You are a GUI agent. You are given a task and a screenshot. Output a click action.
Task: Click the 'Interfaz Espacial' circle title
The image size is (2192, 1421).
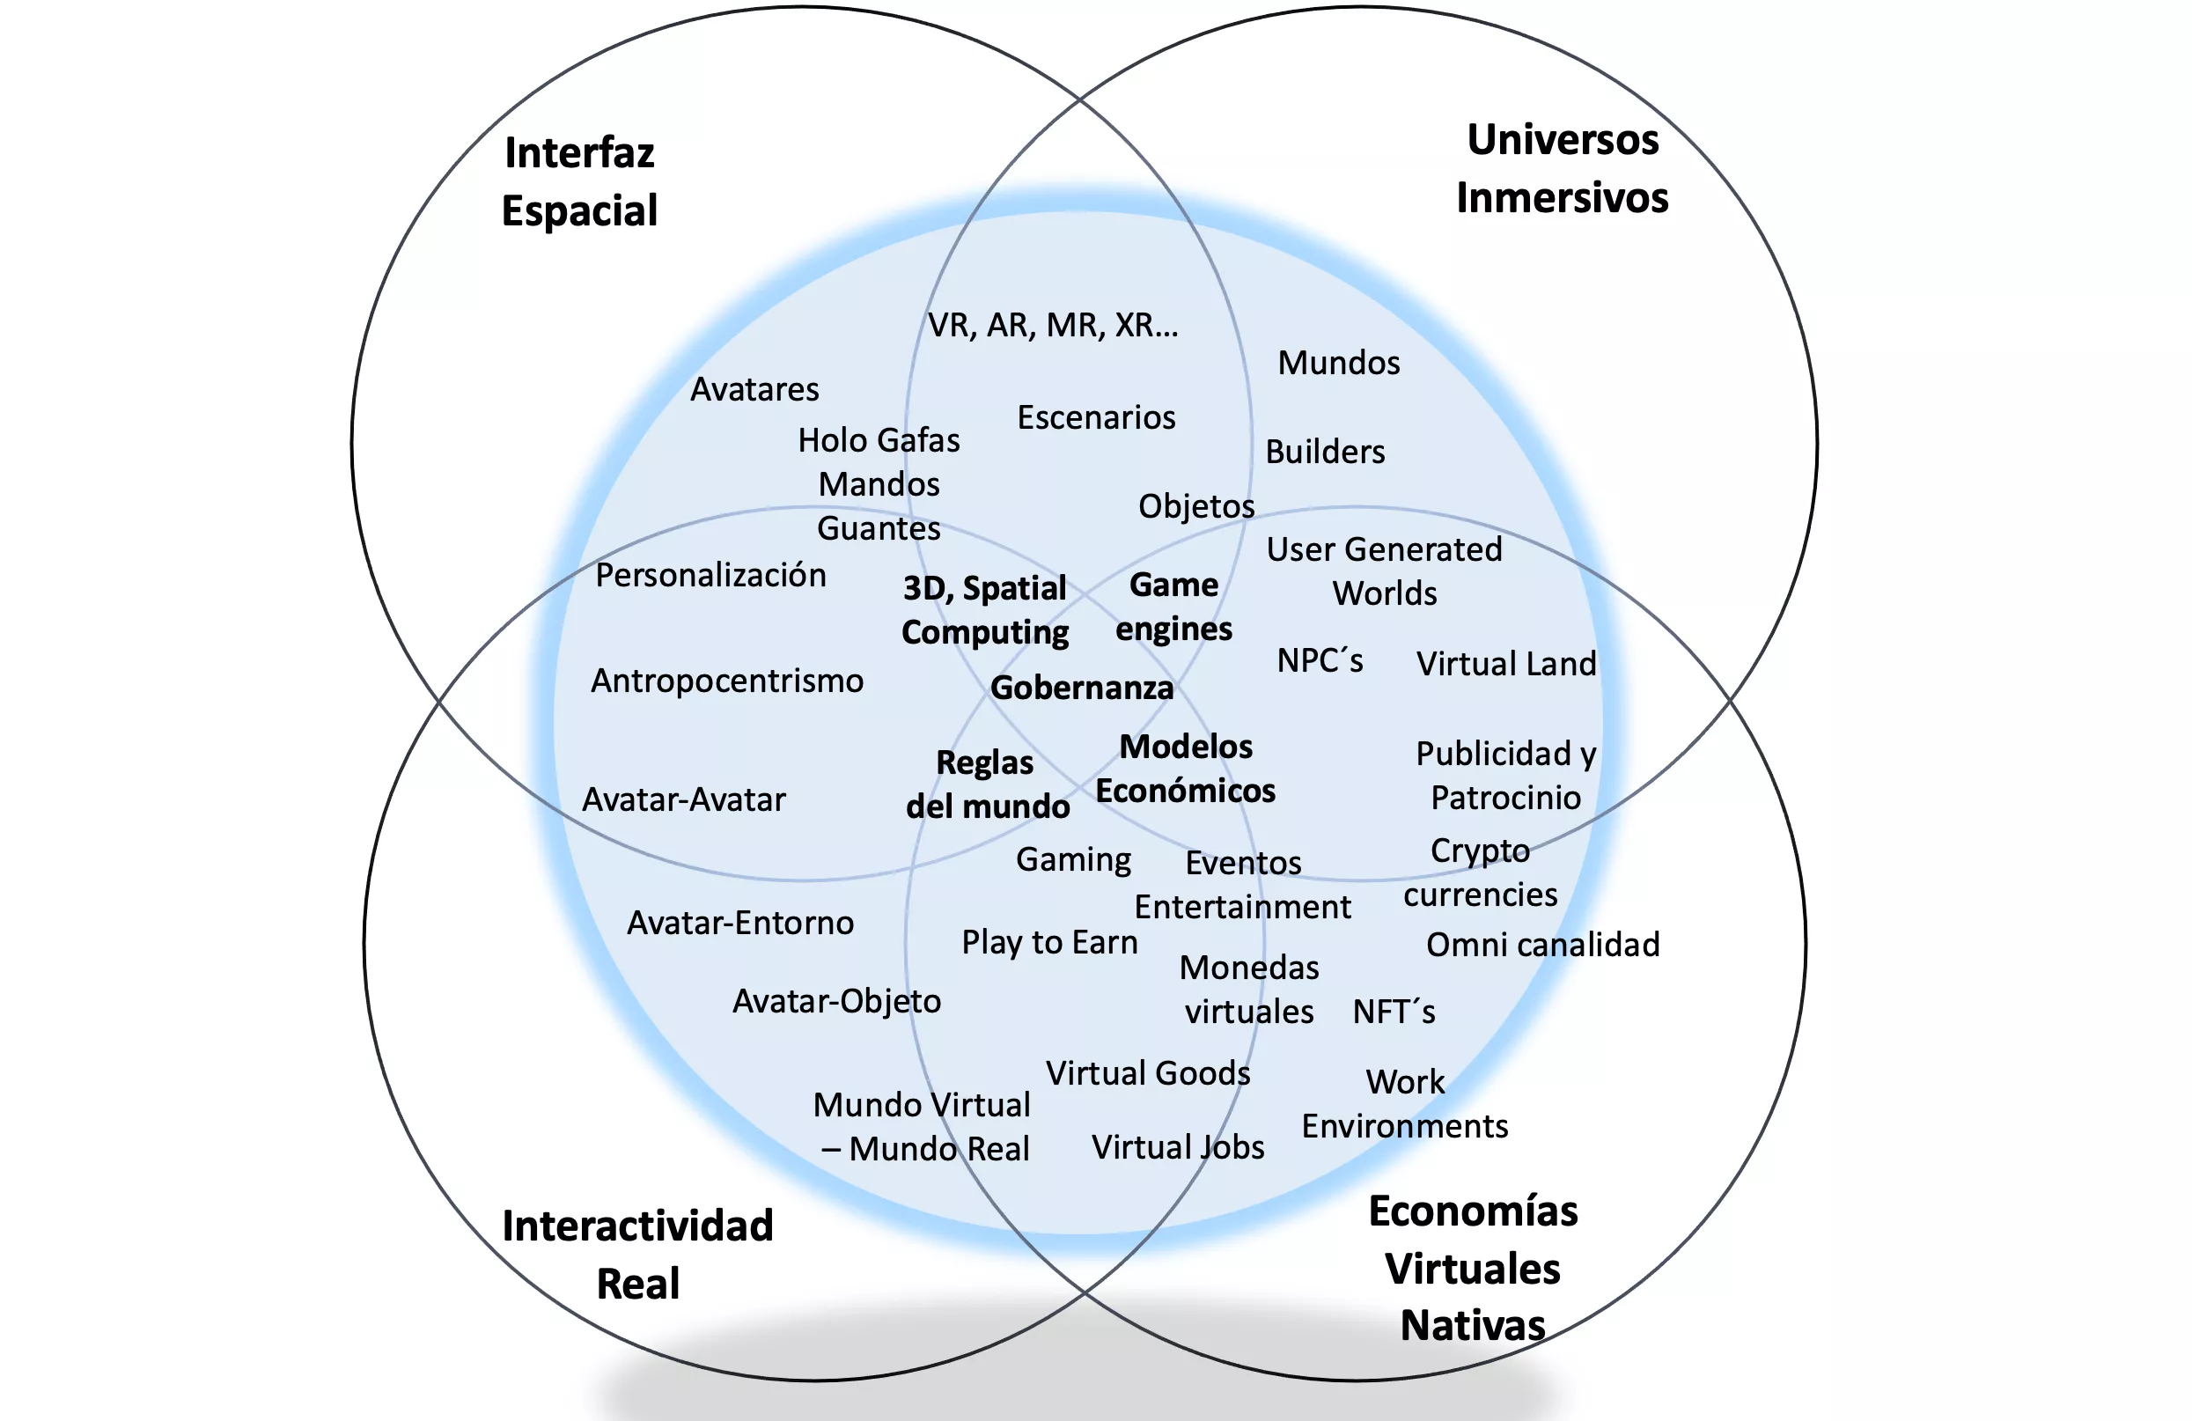[x=579, y=181]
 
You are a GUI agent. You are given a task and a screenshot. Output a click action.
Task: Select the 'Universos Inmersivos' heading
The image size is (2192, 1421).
[x=1562, y=168]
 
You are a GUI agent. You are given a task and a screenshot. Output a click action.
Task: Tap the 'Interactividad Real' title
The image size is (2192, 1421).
[x=637, y=1255]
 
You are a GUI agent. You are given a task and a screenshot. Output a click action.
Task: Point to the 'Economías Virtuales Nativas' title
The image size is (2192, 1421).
[x=1473, y=1268]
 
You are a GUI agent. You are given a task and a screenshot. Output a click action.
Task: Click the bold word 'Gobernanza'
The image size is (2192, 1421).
[x=1081, y=688]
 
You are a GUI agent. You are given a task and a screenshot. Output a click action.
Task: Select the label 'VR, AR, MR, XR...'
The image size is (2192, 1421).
[x=1053, y=325]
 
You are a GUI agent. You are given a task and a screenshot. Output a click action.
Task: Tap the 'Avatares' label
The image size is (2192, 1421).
[x=754, y=389]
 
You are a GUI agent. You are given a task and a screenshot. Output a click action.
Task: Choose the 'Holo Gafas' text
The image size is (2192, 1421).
[x=879, y=440]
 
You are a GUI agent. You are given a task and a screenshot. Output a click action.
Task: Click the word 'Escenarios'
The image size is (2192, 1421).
[x=1096, y=418]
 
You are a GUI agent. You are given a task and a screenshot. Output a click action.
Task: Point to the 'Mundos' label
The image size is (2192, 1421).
[x=1338, y=363]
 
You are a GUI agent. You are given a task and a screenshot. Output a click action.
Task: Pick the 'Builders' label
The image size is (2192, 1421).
[x=1324, y=453]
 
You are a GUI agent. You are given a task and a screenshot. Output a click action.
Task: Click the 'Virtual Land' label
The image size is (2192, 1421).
[x=1506, y=664]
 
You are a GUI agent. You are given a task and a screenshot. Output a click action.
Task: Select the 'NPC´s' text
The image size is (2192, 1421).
[x=1319, y=660]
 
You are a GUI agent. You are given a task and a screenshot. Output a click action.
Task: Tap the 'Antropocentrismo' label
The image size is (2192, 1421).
[x=726, y=681]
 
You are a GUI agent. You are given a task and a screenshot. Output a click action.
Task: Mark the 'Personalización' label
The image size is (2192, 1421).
[x=710, y=576]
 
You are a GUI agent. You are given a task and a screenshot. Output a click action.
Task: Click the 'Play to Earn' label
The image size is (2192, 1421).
[x=1049, y=942]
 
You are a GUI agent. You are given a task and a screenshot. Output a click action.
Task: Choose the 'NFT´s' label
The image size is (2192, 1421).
[x=1394, y=1012]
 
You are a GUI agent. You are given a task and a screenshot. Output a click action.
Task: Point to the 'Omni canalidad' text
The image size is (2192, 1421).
[x=1542, y=945]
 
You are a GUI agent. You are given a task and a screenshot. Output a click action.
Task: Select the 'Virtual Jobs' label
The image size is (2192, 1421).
[x=1177, y=1147]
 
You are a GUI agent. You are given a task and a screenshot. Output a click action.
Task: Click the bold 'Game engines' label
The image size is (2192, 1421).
[x=1173, y=607]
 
